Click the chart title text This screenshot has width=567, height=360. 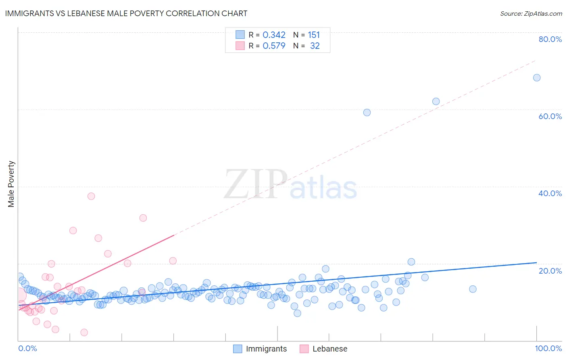point(126,13)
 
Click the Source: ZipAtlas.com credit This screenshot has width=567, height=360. point(531,13)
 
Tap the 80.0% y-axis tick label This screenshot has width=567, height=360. point(550,39)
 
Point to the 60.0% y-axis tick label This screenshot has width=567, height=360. point(550,116)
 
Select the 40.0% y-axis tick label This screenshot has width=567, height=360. point(550,193)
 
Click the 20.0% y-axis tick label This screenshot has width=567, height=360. point(550,271)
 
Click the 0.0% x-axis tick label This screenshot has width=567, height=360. point(27,348)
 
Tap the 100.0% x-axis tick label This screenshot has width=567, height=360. point(548,348)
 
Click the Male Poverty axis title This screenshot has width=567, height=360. point(11,184)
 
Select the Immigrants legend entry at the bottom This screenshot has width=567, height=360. point(260,349)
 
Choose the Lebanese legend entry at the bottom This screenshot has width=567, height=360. point(324,349)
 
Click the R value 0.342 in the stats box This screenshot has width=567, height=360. point(274,35)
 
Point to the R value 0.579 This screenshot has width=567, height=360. point(274,46)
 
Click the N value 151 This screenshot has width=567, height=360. point(314,35)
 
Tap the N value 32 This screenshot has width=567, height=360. point(315,46)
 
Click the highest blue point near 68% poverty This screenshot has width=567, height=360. point(537,77)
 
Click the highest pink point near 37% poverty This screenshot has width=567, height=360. point(91,196)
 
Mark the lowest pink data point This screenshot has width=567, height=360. point(84,332)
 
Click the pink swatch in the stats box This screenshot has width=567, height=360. point(240,46)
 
